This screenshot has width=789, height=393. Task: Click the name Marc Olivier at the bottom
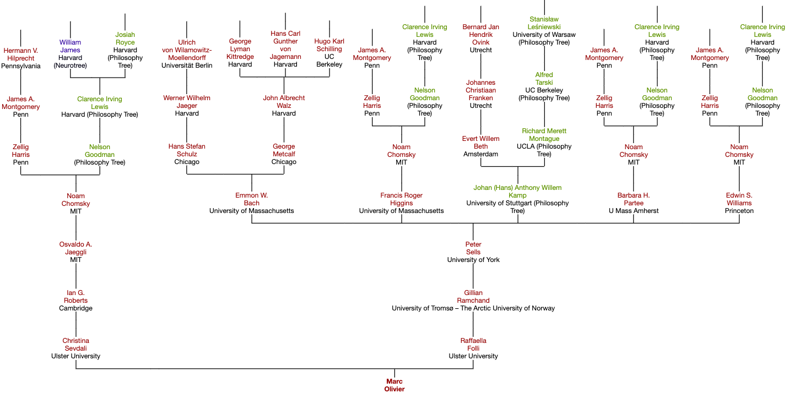click(x=394, y=385)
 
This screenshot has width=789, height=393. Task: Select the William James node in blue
click(x=71, y=46)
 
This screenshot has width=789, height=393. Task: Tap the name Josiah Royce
click(x=125, y=39)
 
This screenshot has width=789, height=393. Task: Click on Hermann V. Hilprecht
click(x=20, y=54)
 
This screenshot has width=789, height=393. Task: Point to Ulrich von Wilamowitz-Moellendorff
click(x=187, y=50)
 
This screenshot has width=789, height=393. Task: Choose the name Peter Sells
click(x=473, y=248)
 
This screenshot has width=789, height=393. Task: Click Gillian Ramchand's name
click(x=473, y=297)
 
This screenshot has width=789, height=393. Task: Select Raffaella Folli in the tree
click(x=473, y=345)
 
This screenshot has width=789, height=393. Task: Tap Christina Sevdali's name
click(x=75, y=345)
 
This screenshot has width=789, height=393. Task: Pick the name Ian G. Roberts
click(x=75, y=297)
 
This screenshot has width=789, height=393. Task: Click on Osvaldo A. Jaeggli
click(x=75, y=248)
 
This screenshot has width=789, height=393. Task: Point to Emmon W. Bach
click(x=251, y=199)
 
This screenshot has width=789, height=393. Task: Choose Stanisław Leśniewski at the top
click(x=544, y=23)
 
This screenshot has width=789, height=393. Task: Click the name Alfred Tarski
click(x=544, y=79)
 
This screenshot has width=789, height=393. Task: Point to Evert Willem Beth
click(x=480, y=143)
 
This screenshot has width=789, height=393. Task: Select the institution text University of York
click(x=473, y=260)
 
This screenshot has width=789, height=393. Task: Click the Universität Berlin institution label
click(x=187, y=65)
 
